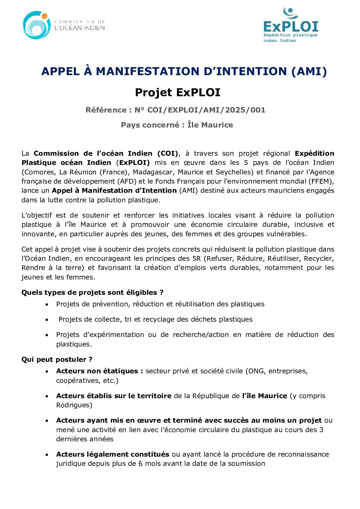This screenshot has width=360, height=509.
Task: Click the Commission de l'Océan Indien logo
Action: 64,25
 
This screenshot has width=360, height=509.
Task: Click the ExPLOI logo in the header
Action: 291,25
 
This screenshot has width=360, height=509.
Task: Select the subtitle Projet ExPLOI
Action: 178,92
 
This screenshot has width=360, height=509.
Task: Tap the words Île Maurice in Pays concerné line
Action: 210,125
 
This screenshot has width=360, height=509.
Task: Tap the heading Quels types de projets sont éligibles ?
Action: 92,292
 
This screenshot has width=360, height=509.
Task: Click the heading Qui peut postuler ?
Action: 57,359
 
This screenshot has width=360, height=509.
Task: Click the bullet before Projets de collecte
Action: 47,320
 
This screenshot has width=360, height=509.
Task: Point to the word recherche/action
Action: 201,335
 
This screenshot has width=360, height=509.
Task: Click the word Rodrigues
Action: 74,405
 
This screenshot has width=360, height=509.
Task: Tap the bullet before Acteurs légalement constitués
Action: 47,455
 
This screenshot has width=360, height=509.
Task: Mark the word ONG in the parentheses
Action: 257,371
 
